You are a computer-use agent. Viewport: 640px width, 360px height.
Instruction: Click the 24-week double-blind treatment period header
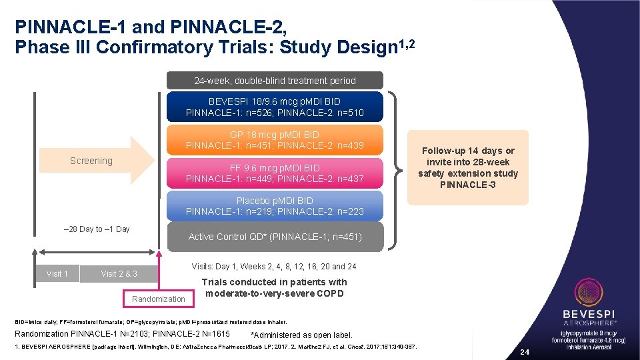(275, 81)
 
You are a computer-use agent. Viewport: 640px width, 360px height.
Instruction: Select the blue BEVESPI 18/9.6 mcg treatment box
(275, 107)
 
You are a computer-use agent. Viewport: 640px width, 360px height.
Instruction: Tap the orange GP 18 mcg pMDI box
(275, 140)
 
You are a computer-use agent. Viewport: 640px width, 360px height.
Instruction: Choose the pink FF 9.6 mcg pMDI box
(275, 173)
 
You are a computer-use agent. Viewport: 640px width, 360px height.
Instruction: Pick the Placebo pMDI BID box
(275, 206)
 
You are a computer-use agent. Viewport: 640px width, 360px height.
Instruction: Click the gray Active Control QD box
(275, 237)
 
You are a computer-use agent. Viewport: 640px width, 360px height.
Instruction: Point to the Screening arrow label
(91, 161)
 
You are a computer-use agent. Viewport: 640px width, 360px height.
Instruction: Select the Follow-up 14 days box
(467, 167)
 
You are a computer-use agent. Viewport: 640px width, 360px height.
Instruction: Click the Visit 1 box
(57, 273)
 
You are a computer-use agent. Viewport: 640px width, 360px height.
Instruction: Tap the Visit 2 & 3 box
(119, 273)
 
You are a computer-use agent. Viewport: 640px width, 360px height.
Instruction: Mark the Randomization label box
(159, 299)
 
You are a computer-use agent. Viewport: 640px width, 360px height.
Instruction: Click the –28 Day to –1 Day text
(96, 229)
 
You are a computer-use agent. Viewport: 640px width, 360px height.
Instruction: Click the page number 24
(524, 351)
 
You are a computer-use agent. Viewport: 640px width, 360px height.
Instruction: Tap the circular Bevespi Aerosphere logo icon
(588, 293)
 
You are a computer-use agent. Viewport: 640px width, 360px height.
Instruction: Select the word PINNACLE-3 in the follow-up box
(467, 185)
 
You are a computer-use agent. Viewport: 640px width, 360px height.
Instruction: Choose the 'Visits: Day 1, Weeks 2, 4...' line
(273, 267)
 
